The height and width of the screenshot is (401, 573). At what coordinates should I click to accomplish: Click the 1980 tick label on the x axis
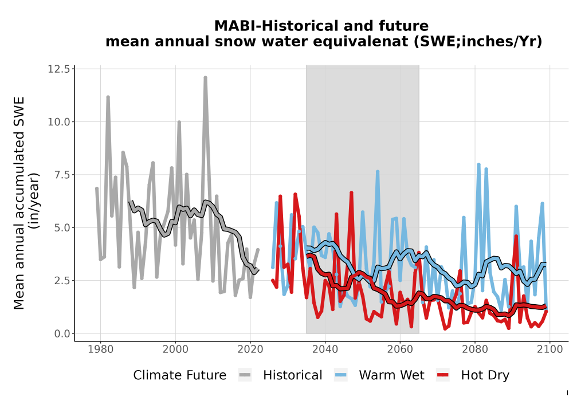click(100, 349)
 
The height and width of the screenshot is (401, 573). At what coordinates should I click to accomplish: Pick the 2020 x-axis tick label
click(250, 349)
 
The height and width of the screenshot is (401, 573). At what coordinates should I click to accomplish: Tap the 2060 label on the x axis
click(400, 349)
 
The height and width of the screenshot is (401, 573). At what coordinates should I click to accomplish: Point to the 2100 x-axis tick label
click(550, 349)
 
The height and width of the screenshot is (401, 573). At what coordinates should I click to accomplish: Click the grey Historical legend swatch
click(245, 375)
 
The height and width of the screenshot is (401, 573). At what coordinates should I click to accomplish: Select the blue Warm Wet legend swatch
click(340, 375)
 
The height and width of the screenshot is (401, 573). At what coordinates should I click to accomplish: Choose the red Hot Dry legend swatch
click(443, 375)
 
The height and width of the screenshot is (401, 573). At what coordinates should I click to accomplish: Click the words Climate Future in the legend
click(179, 375)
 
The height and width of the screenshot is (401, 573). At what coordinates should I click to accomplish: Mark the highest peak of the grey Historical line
click(205, 77)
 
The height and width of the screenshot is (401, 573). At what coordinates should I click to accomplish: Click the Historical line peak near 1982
click(108, 97)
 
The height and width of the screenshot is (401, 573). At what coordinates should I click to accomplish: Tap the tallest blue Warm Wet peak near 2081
click(478, 165)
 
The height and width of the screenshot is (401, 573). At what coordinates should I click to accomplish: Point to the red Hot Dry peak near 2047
click(352, 192)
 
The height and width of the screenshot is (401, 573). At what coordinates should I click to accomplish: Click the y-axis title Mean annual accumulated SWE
click(19, 203)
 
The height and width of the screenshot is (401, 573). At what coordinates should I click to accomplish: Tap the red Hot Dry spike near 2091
click(516, 237)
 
